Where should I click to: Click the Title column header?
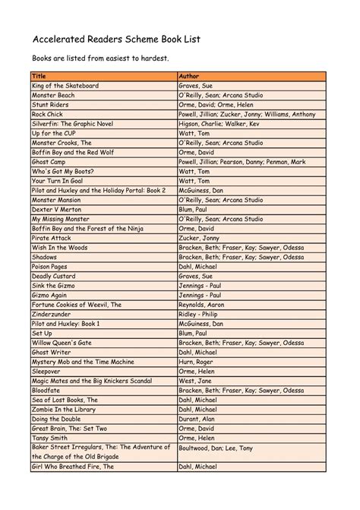click(39, 77)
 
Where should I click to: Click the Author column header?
click(189, 77)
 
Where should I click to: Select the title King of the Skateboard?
click(65, 87)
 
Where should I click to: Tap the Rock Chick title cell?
click(48, 115)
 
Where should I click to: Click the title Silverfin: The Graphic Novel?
click(78, 124)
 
